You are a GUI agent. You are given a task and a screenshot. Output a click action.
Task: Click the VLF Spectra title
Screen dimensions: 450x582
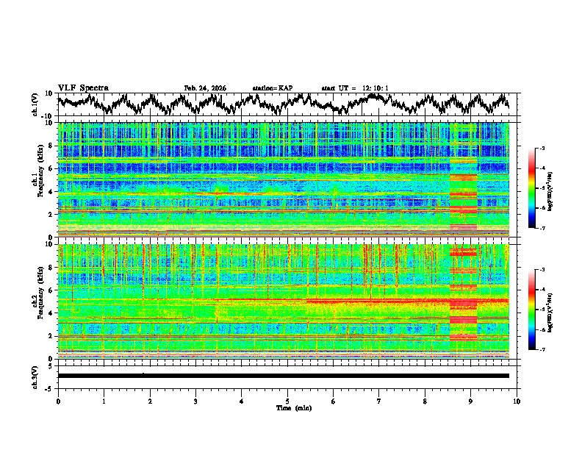pos(83,88)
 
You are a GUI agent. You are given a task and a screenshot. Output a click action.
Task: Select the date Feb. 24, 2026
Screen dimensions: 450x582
pos(205,88)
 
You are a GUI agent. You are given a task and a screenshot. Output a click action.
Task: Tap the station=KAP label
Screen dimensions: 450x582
pos(273,88)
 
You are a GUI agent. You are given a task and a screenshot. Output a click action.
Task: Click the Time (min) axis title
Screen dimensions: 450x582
pos(293,407)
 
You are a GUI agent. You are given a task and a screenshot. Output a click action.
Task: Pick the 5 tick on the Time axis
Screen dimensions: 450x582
pos(287,401)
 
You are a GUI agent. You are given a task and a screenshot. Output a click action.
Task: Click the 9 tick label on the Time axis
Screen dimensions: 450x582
pos(471,401)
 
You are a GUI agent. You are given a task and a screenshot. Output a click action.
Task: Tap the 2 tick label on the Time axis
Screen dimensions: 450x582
pos(150,401)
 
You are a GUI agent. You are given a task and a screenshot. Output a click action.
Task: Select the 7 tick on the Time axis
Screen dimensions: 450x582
pos(379,401)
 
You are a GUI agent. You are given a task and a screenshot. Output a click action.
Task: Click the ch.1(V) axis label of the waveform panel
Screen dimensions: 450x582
pos(35,104)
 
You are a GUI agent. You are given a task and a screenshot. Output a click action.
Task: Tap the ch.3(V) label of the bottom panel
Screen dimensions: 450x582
pos(35,376)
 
